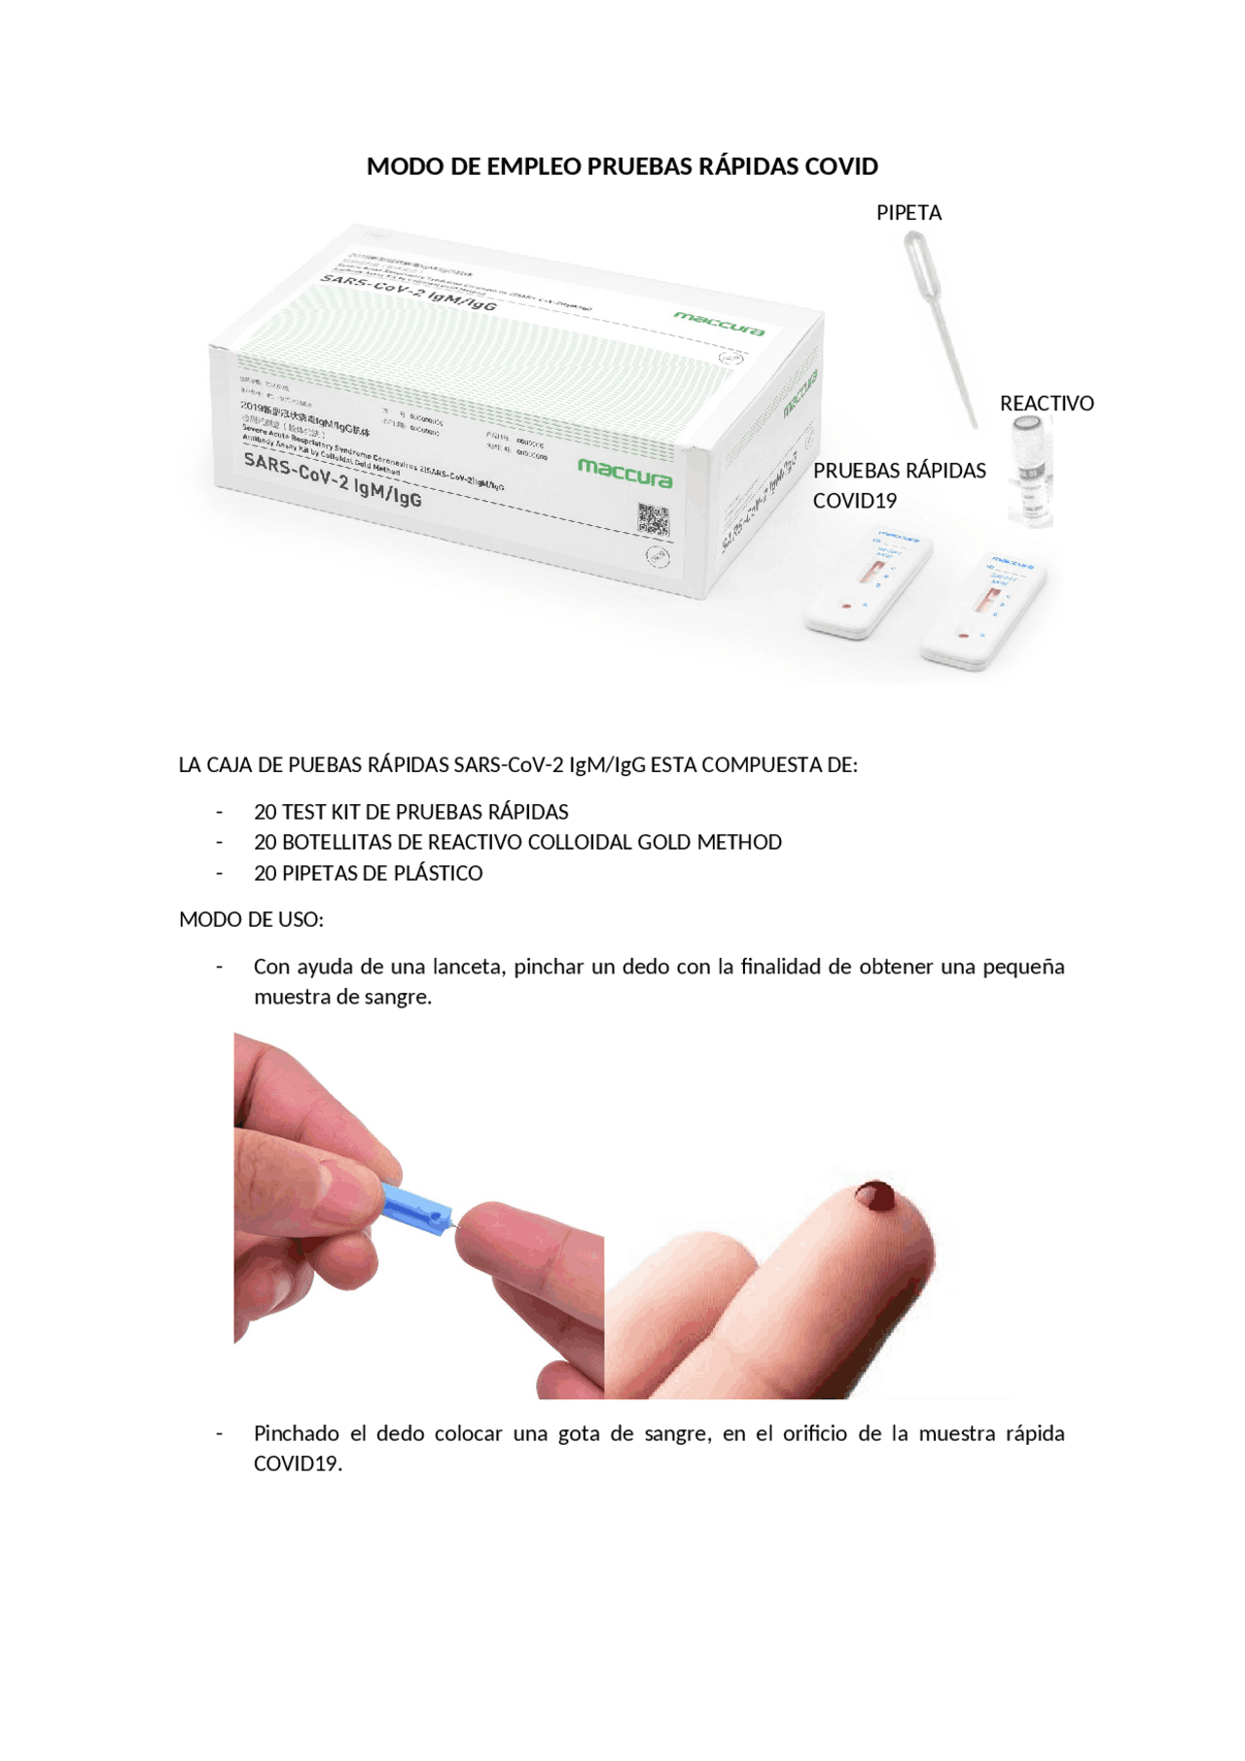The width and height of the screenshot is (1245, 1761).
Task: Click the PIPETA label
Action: [x=908, y=213]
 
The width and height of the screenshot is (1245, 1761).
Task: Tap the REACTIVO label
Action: [x=1047, y=404]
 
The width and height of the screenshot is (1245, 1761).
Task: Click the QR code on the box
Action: [x=653, y=519]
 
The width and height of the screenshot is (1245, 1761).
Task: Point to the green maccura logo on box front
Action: [x=624, y=473]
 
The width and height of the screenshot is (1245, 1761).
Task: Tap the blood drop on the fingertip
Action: [x=875, y=1195]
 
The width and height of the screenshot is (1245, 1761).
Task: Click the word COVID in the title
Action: [x=842, y=167]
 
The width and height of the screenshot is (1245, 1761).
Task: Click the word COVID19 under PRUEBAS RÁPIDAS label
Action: [x=854, y=501]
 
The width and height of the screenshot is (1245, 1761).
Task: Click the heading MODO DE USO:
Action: [x=251, y=920]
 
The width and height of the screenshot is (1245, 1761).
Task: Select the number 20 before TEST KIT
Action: [x=265, y=812]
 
